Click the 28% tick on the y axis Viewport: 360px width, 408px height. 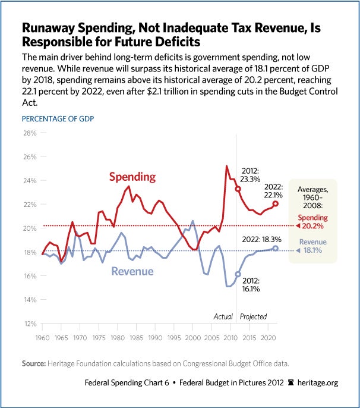(30, 133)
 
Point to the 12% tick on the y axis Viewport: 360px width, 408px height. (30, 324)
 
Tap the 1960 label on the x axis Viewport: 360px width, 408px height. (43, 337)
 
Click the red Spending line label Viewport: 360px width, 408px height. (132, 177)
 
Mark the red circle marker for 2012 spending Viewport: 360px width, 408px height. (238, 189)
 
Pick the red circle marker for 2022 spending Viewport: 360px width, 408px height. (276, 203)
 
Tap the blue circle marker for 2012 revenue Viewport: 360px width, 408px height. (238, 274)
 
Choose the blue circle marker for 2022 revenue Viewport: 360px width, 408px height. (276, 248)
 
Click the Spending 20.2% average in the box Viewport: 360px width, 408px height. (312, 222)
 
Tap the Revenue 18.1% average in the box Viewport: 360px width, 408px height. (313, 246)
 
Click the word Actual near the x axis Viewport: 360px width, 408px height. (223, 316)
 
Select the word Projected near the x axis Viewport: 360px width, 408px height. (253, 316)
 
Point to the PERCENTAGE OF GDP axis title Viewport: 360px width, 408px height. (58, 118)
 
